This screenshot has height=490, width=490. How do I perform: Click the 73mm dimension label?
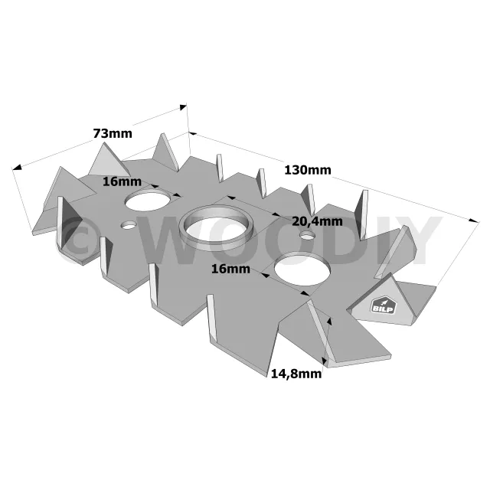click(113, 133)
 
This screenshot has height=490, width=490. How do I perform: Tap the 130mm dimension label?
click(308, 170)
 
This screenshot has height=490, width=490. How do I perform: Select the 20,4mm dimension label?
click(317, 221)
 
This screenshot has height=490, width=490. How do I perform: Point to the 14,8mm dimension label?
click(296, 374)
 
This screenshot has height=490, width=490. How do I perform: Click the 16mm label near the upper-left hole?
click(122, 181)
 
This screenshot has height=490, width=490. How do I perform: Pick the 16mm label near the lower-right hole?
click(230, 269)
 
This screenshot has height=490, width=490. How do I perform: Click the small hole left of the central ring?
click(129, 224)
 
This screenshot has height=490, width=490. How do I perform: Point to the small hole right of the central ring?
click(307, 235)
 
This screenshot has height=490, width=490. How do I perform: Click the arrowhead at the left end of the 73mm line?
click(17, 168)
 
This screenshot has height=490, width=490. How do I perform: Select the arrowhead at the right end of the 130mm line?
click(474, 220)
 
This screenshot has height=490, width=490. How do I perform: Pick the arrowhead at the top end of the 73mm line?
click(183, 107)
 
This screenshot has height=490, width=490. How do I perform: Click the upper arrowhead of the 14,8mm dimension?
click(329, 322)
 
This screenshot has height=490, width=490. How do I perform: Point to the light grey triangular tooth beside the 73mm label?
click(109, 160)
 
